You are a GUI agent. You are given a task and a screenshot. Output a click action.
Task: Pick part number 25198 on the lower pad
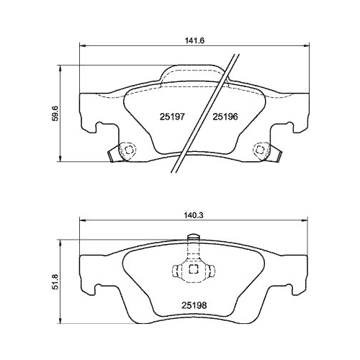coord(190,304)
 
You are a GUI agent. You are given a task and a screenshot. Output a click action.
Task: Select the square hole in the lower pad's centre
coord(192,271)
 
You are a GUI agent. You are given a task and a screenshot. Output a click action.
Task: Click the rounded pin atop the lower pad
coord(192,240)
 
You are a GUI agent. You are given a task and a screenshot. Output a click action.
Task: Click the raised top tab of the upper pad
coord(192,75)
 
